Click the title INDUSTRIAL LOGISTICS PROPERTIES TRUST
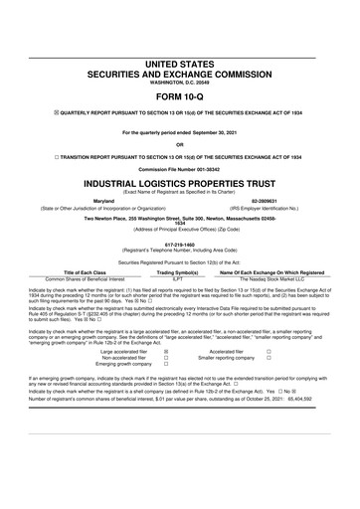click(180, 184)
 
